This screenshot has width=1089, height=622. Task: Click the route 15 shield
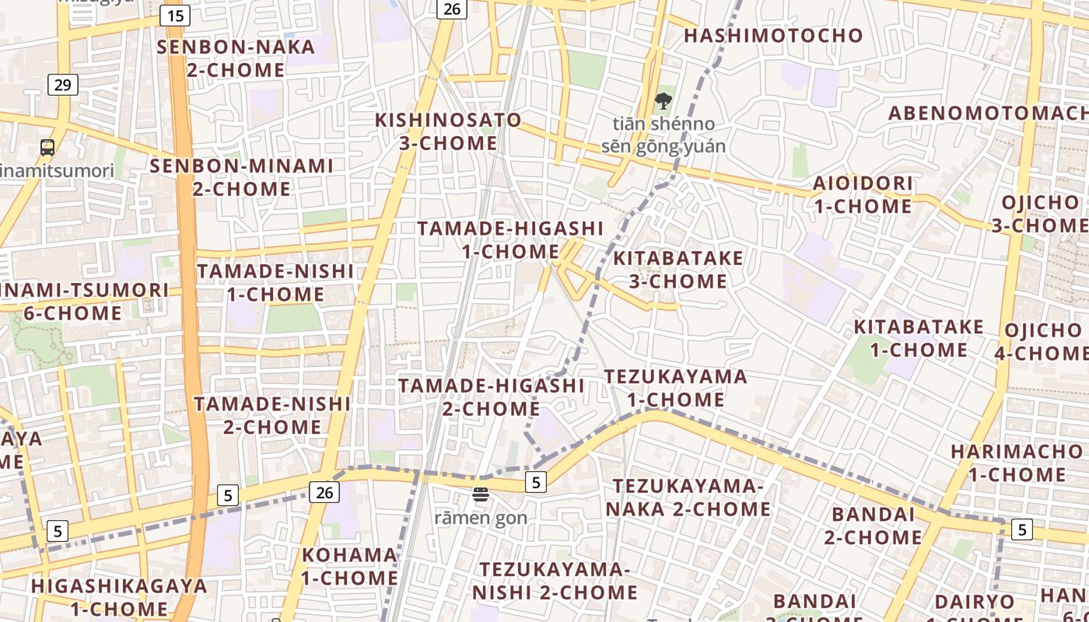176,15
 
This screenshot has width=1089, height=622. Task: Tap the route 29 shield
62,84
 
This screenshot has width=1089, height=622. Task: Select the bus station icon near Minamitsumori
47,147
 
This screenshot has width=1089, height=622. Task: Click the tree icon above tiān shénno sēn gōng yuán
664,100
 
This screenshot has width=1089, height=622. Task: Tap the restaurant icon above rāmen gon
481,494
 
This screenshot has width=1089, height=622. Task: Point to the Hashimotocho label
773,35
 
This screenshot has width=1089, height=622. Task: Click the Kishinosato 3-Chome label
448,131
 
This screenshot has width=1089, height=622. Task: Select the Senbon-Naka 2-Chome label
236,58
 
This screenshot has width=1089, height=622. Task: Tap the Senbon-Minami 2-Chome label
241,177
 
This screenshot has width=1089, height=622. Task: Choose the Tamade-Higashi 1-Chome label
510,239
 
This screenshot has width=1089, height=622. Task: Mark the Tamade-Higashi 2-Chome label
491,397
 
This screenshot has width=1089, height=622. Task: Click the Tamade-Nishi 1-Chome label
275,282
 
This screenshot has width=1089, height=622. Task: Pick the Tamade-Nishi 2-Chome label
272,415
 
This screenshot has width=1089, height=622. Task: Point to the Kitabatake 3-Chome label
678,269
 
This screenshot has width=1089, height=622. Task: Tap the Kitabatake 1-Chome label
919,338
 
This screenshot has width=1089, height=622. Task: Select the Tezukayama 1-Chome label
675,388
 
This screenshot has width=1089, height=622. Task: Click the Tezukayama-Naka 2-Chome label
692,498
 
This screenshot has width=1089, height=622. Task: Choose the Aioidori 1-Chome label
863,194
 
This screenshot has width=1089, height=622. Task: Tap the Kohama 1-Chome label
349,566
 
